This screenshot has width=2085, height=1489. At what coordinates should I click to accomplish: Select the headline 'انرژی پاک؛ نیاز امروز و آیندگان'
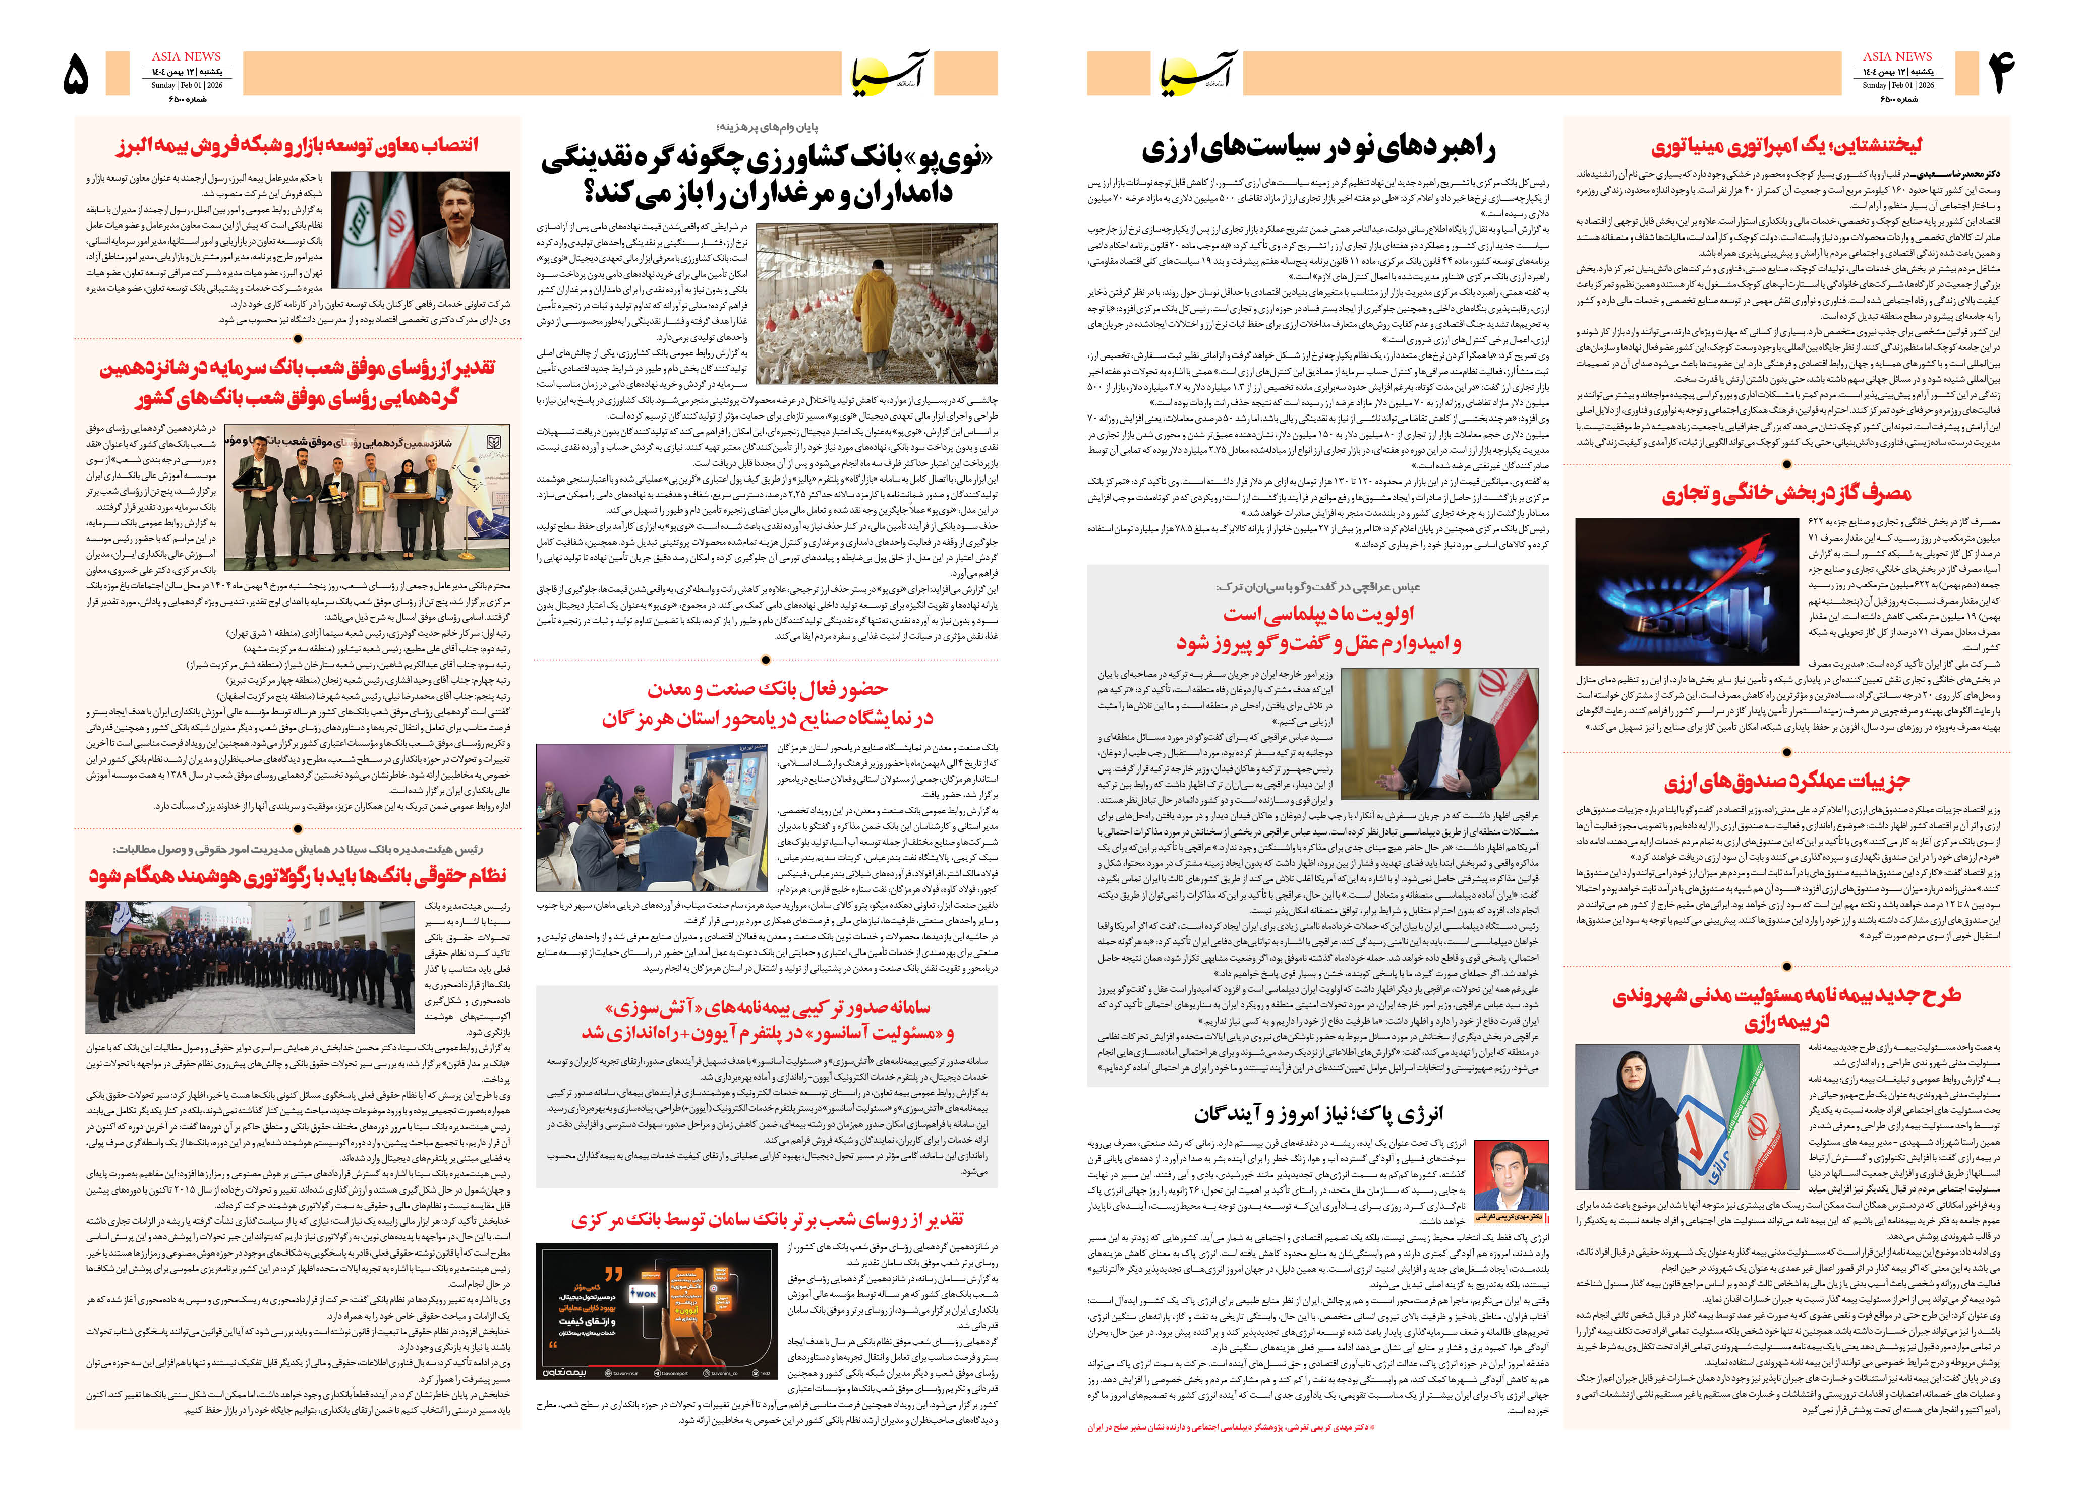click(1317, 1114)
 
